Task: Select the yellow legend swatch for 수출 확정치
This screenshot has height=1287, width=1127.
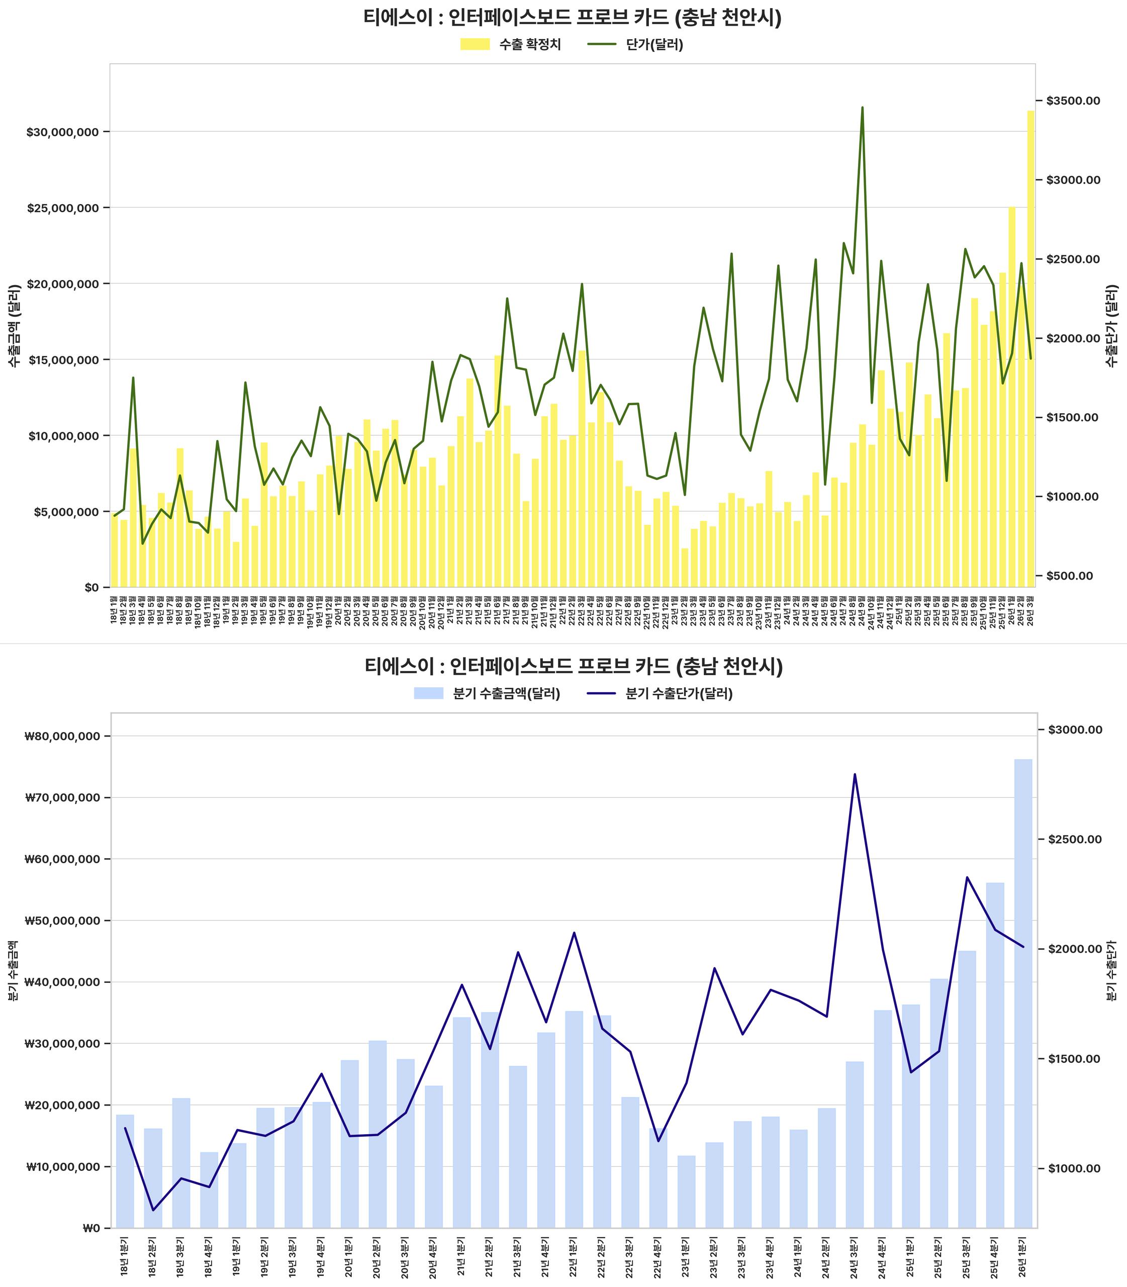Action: coord(475,45)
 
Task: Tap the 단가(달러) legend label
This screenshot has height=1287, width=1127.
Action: coord(654,45)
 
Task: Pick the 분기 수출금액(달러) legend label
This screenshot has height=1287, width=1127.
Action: coord(506,694)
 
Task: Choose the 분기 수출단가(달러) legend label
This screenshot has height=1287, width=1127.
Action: coord(679,694)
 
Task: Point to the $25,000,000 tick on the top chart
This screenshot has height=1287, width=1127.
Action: coord(63,208)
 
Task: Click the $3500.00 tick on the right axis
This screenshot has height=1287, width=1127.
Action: coord(1073,101)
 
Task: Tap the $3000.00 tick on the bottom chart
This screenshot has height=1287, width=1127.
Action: coord(1075,729)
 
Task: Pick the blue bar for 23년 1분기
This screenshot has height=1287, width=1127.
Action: coord(687,1192)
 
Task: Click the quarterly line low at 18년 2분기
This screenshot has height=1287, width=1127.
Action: coord(153,1210)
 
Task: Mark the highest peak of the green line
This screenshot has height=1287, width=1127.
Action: coord(862,108)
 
